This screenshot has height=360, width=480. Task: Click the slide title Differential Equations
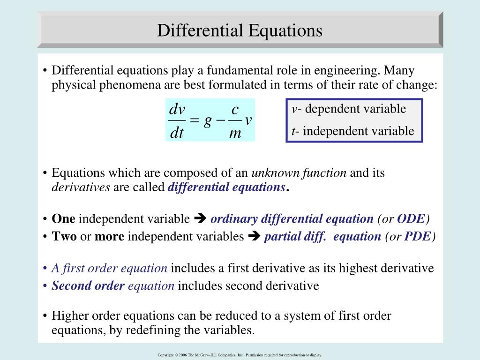pyautogui.click(x=240, y=31)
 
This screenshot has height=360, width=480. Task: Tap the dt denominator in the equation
pyautogui.click(x=177, y=133)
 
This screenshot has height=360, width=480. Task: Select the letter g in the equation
pyautogui.click(x=208, y=120)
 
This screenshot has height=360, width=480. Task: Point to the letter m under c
pyautogui.click(x=235, y=133)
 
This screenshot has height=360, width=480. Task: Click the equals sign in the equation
pyautogui.click(x=195, y=121)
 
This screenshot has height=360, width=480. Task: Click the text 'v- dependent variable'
pyautogui.click(x=348, y=109)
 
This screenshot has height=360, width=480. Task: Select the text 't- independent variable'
pyautogui.click(x=352, y=131)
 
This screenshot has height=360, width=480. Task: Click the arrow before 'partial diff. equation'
pyautogui.click(x=254, y=237)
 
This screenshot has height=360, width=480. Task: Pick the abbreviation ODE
pyautogui.click(x=411, y=219)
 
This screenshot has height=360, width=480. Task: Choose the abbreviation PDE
pyautogui.click(x=417, y=237)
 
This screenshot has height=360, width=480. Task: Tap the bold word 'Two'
pyautogui.click(x=64, y=237)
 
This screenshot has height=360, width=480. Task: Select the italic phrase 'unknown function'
pyautogui.click(x=299, y=172)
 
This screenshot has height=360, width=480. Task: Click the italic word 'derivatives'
pyautogui.click(x=81, y=187)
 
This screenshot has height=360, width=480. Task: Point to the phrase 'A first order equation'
pyautogui.click(x=109, y=269)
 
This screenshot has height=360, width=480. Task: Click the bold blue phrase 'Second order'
pyautogui.click(x=88, y=286)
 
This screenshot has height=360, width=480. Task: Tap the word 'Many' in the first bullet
pyautogui.click(x=399, y=71)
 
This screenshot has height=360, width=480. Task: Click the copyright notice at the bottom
pyautogui.click(x=240, y=355)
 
